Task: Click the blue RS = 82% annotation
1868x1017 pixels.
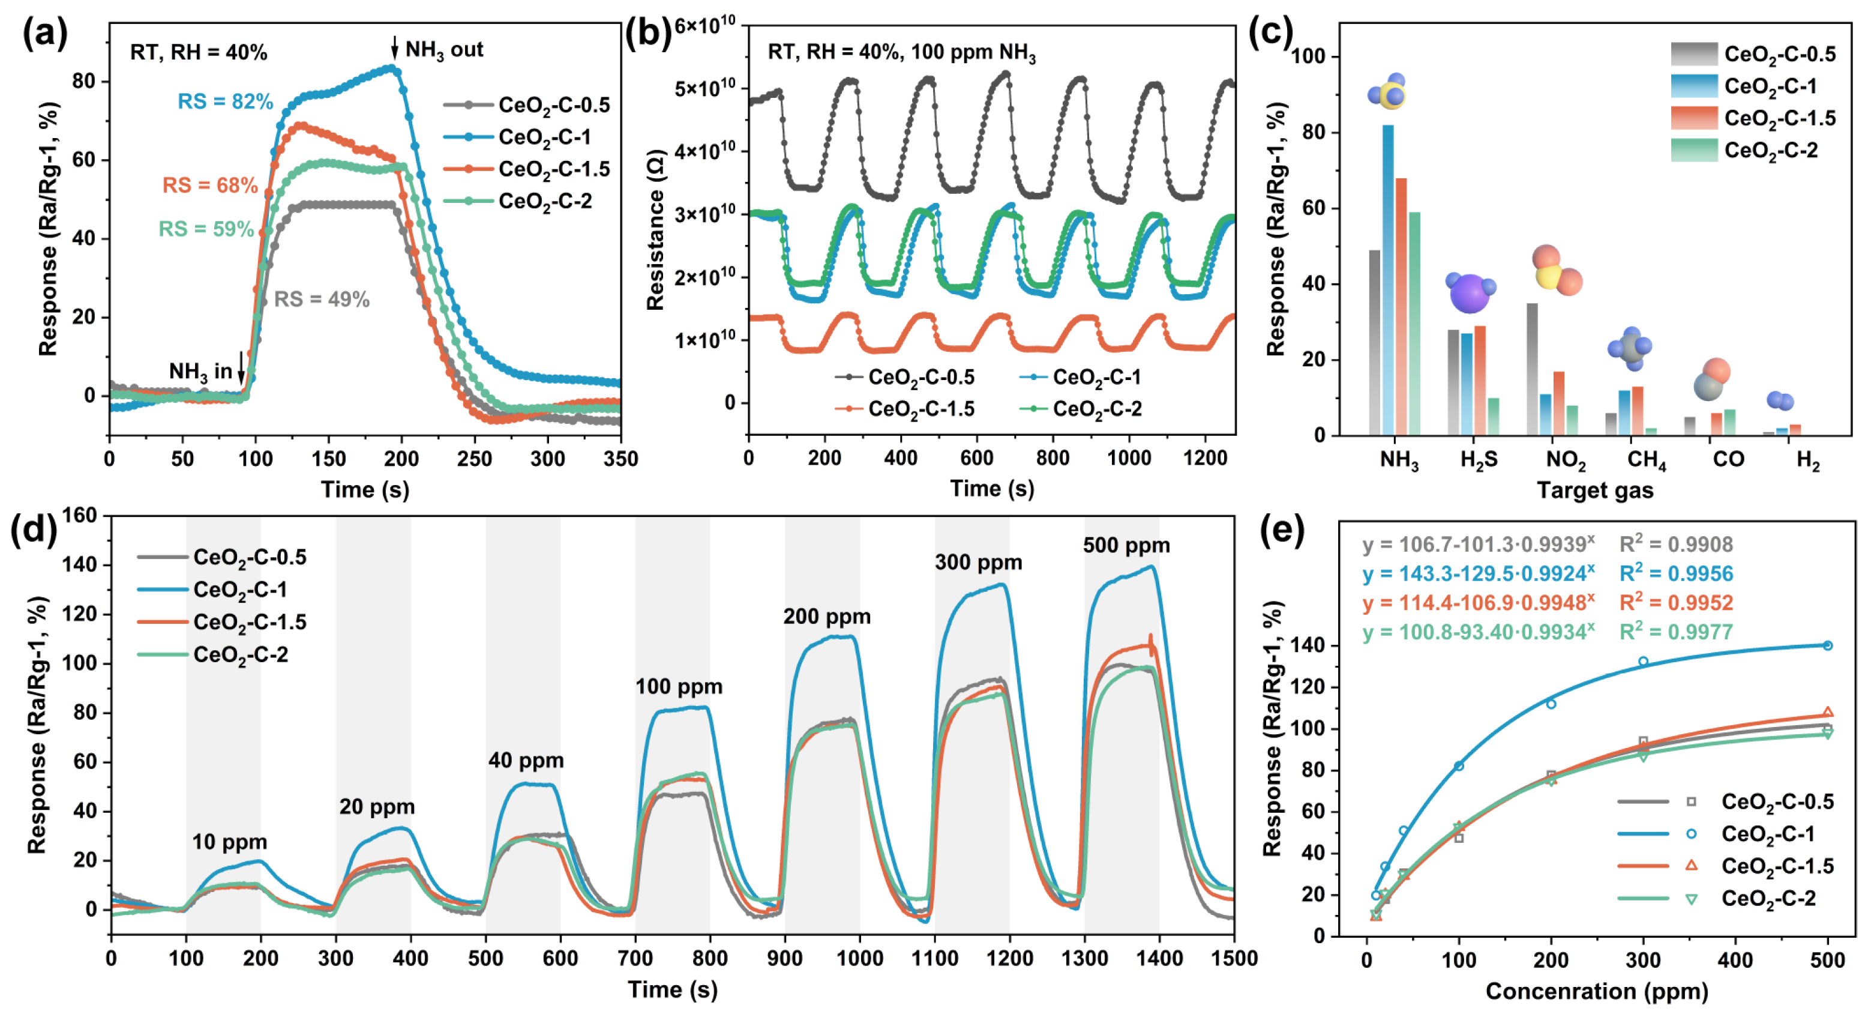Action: point(225,101)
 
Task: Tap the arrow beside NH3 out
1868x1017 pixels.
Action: point(394,48)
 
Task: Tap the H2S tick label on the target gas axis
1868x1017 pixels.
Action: point(1479,460)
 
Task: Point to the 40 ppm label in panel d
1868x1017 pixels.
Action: point(526,760)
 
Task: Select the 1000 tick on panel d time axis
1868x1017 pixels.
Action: point(859,958)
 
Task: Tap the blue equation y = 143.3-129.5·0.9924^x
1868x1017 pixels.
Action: point(1478,574)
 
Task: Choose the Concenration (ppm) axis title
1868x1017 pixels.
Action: point(1597,991)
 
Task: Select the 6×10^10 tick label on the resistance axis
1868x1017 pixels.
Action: point(705,26)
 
